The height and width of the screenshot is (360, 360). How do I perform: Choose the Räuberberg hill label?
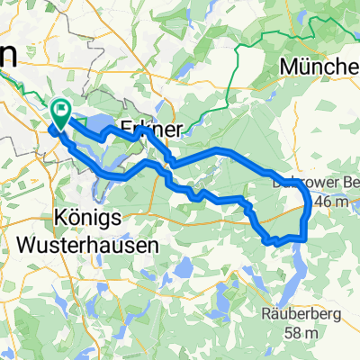[301, 314]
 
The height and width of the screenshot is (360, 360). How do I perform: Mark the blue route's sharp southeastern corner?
[307, 238]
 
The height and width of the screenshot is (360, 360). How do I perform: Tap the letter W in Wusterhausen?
[28, 243]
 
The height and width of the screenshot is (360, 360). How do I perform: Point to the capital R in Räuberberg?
[265, 314]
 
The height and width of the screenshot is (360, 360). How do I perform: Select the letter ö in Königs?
[57, 219]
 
